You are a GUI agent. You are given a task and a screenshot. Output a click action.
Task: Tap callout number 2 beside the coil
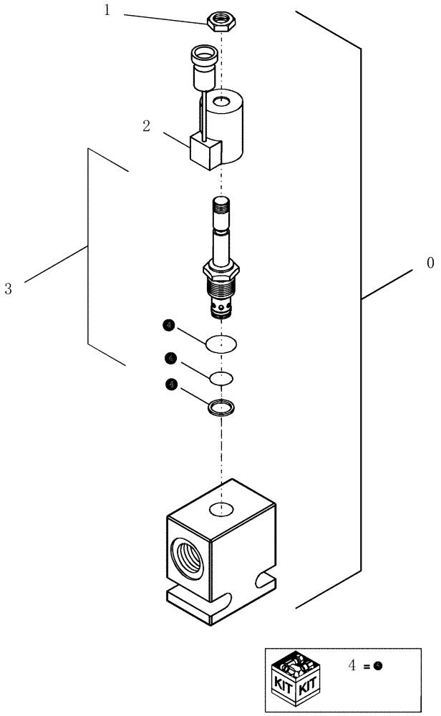pyautogui.click(x=146, y=126)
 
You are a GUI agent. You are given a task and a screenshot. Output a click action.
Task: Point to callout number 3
pyautogui.click(x=9, y=289)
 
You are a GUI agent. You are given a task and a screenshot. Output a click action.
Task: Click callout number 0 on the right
pyautogui.click(x=430, y=263)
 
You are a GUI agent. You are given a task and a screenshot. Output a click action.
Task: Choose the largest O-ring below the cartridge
pyautogui.click(x=220, y=344)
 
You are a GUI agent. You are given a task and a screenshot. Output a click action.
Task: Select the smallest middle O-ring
pyautogui.click(x=221, y=377)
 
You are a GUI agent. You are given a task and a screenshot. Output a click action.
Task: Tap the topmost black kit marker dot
pyautogui.click(x=168, y=326)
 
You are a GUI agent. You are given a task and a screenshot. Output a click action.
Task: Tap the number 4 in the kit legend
pyautogui.click(x=352, y=666)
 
